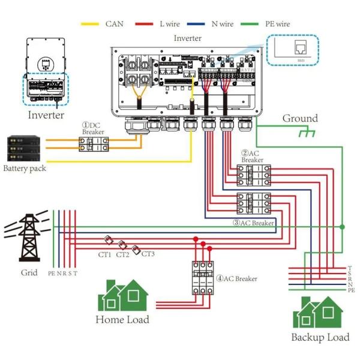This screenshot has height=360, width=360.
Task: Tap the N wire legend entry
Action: coord(216,24)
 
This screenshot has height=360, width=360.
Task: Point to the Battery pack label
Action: coord(24,169)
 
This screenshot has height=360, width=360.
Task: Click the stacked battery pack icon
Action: coord(25,148)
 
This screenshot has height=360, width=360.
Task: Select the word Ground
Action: coord(300,118)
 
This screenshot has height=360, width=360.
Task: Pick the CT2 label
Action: coord(123,254)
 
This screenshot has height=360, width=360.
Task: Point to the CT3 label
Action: coord(148,254)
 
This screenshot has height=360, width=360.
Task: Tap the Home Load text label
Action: coord(122,319)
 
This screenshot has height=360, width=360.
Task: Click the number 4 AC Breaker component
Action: coord(203,278)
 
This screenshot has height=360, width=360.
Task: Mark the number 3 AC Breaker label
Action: coord(253,223)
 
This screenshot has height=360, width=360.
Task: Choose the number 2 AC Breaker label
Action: coord(252,157)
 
